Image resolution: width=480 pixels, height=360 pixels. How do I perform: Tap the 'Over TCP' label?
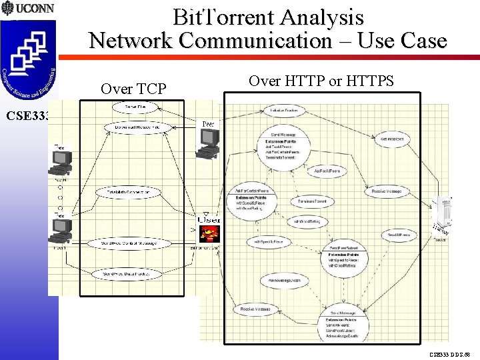[x=133, y=89]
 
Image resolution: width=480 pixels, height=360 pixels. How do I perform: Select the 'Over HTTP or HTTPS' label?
[x=321, y=81]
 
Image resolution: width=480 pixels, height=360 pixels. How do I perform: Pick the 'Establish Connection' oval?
[x=128, y=192]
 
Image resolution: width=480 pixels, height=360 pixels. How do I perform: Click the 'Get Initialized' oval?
[x=392, y=139]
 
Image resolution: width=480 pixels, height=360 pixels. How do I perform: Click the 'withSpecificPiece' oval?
[x=269, y=241]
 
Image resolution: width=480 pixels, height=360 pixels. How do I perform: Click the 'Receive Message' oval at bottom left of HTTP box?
[x=255, y=309]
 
